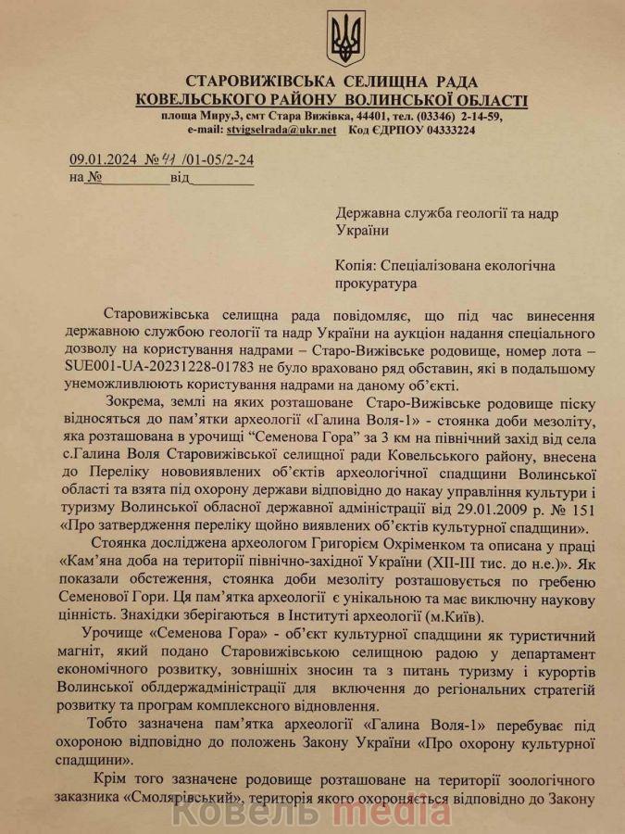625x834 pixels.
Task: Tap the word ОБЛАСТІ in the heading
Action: pos(487,99)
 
